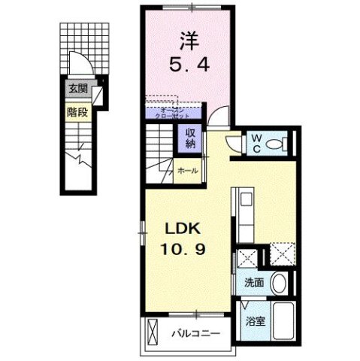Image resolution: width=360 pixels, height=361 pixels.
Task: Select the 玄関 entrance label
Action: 77,89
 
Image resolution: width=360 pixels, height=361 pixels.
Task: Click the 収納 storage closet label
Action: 186,140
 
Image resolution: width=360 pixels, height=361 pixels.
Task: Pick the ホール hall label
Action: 188,171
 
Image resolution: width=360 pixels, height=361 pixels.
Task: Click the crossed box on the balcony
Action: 153,332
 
